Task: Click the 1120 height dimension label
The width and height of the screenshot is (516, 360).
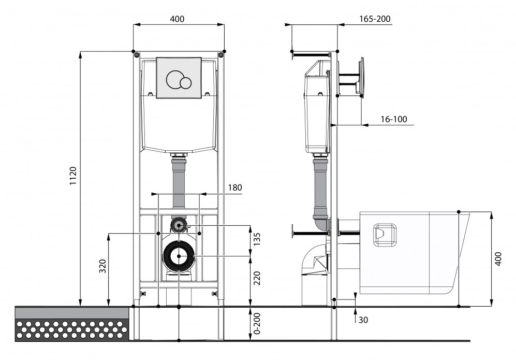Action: pyautogui.click(x=73, y=176)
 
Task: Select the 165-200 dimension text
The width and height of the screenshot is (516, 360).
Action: pyautogui.click(x=375, y=19)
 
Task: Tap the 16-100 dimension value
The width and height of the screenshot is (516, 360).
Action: pyautogui.click(x=393, y=119)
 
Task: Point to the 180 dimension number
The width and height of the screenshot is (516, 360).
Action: pyautogui.click(x=235, y=188)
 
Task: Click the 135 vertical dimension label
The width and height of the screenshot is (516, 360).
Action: pyautogui.click(x=257, y=239)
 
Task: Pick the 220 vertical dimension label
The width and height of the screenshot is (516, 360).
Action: pyautogui.click(x=257, y=278)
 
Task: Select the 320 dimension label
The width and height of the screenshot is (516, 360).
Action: pyautogui.click(x=103, y=266)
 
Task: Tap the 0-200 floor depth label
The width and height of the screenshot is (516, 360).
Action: pyautogui.click(x=257, y=323)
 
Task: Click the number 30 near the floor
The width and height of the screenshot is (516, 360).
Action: pyautogui.click(x=363, y=320)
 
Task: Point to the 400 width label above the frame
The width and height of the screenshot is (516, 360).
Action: pyautogui.click(x=177, y=19)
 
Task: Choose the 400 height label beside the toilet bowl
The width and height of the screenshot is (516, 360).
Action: pyautogui.click(x=498, y=259)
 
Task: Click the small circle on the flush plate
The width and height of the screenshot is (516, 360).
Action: pyautogui.click(x=185, y=82)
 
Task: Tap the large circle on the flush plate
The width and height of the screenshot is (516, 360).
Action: pyautogui.click(x=174, y=80)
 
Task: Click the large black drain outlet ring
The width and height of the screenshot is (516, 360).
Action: pyautogui.click(x=179, y=256)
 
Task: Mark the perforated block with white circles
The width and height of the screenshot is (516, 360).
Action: pyautogui.click(x=72, y=330)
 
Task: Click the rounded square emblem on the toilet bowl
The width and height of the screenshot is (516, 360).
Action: pyautogui.click(x=385, y=235)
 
